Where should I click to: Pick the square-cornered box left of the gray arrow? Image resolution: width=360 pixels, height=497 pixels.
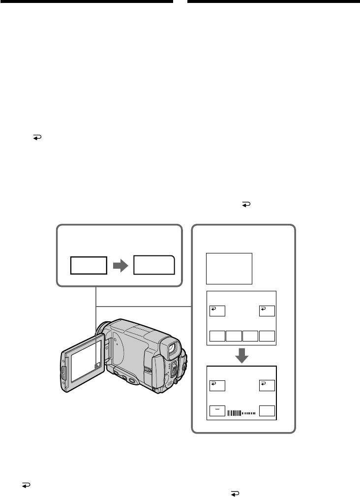pyautogui.click(x=89, y=265)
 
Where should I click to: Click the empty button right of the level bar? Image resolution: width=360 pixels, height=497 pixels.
pyautogui.click(x=267, y=410)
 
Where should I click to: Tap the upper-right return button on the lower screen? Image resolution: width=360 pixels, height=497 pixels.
pyautogui.click(x=267, y=385)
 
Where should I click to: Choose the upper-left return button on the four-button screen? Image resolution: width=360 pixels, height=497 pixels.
pyautogui.click(x=217, y=311)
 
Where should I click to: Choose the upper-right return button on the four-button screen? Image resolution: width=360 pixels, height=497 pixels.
pyautogui.click(x=267, y=311)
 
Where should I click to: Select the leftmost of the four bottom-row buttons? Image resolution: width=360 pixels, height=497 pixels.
pyautogui.click(x=217, y=337)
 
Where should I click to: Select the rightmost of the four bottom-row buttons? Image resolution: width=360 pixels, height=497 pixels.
pyautogui.click(x=267, y=337)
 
